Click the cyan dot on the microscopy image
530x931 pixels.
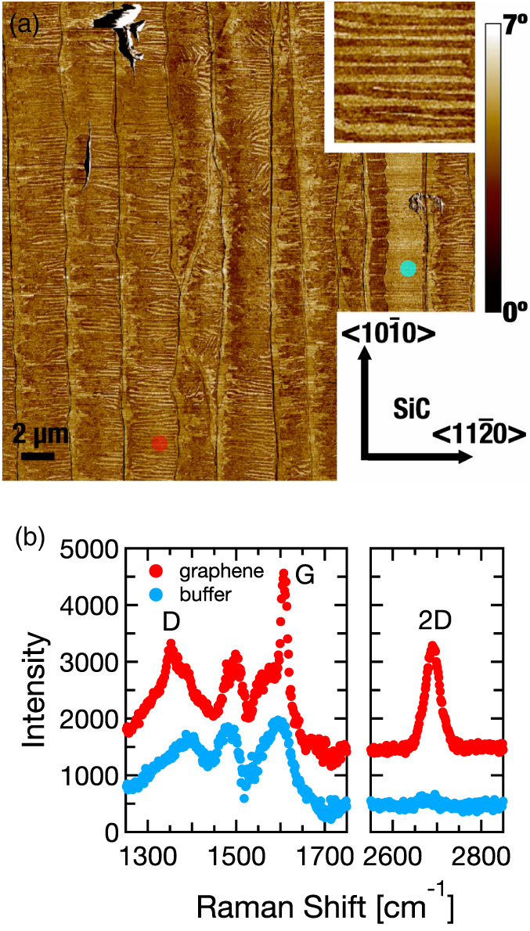point(408,268)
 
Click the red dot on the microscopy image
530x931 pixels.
point(159,443)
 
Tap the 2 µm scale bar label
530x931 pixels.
point(39,435)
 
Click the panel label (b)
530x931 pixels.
point(31,539)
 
